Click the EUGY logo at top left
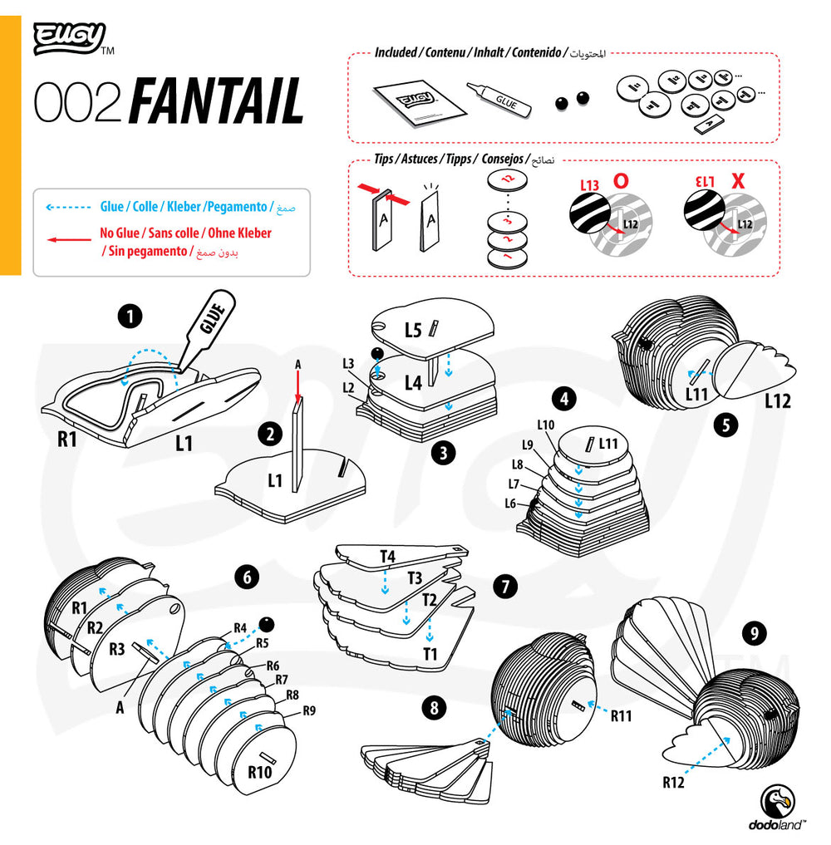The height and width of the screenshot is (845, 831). [70, 38]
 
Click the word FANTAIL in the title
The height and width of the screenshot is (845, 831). [217, 103]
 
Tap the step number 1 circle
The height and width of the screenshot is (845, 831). [130, 316]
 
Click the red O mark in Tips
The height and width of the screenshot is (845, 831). [621, 180]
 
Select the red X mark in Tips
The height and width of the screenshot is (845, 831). [736, 180]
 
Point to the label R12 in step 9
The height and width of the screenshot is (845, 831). [674, 781]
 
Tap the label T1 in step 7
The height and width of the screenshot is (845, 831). [430, 654]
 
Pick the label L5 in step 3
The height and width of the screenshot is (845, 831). [413, 330]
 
